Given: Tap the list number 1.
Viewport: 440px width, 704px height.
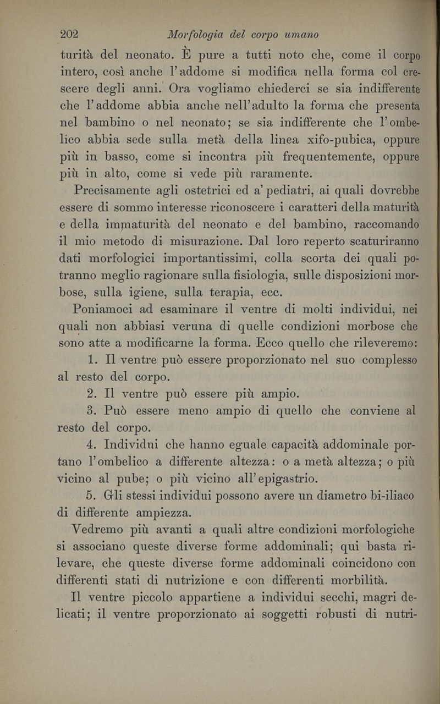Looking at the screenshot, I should pyautogui.click(x=91, y=360).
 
